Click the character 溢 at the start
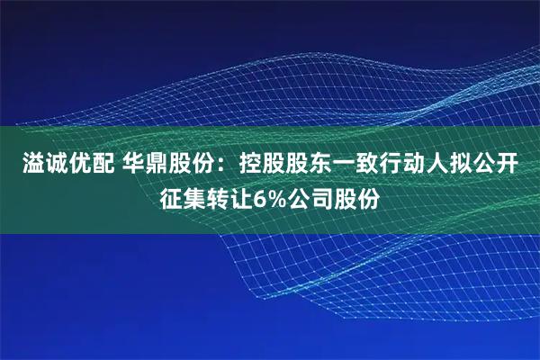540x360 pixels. [24, 165]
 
